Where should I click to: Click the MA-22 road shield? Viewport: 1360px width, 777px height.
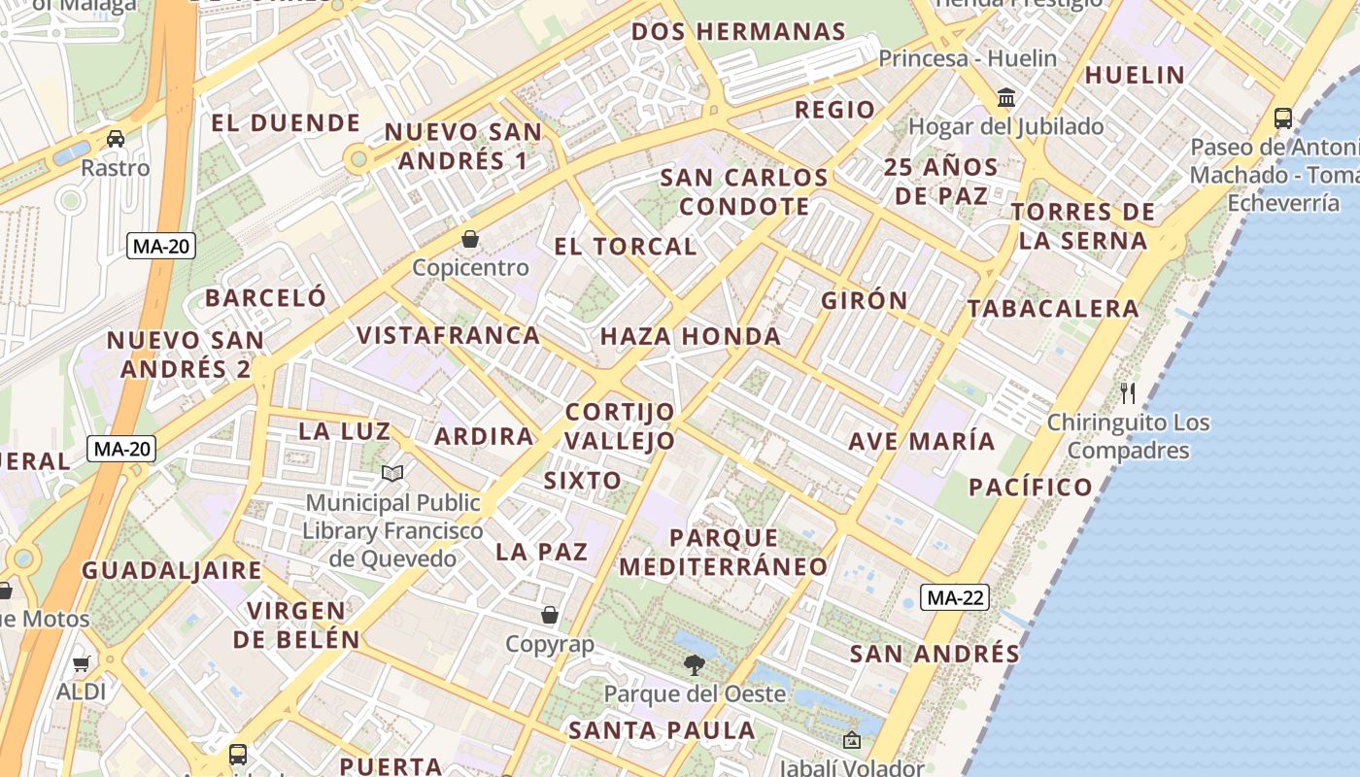tap(955, 597)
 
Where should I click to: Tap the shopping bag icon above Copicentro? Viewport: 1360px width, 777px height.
tap(470, 238)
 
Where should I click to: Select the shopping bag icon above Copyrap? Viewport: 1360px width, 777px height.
tap(550, 615)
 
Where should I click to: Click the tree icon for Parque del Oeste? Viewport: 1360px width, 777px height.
tap(694, 664)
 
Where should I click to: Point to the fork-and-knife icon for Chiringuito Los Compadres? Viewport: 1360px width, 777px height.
tap(1128, 392)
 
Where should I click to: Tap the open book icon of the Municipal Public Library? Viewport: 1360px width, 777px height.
tap(392, 473)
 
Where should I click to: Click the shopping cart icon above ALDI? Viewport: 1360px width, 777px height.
tap(82, 663)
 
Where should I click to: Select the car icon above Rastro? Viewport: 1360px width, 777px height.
tap(116, 138)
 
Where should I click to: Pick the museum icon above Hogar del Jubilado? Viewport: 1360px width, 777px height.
tap(1006, 98)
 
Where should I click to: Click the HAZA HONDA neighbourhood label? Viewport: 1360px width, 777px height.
tap(691, 336)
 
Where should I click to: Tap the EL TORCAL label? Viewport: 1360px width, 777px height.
tap(626, 246)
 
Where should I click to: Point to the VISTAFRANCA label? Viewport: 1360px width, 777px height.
tap(448, 335)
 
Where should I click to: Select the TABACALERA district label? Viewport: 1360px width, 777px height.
tap(1053, 308)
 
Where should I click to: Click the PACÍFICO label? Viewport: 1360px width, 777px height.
tap(1031, 487)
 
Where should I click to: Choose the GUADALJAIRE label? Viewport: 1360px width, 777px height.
tap(172, 570)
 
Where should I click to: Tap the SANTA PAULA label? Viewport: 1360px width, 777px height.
tap(663, 729)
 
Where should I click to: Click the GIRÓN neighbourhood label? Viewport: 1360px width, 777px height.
tap(865, 300)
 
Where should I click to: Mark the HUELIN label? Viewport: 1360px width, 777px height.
tap(1135, 75)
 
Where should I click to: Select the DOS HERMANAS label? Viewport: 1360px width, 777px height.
tap(738, 31)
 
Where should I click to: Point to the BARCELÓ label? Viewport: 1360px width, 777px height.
tap(265, 297)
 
